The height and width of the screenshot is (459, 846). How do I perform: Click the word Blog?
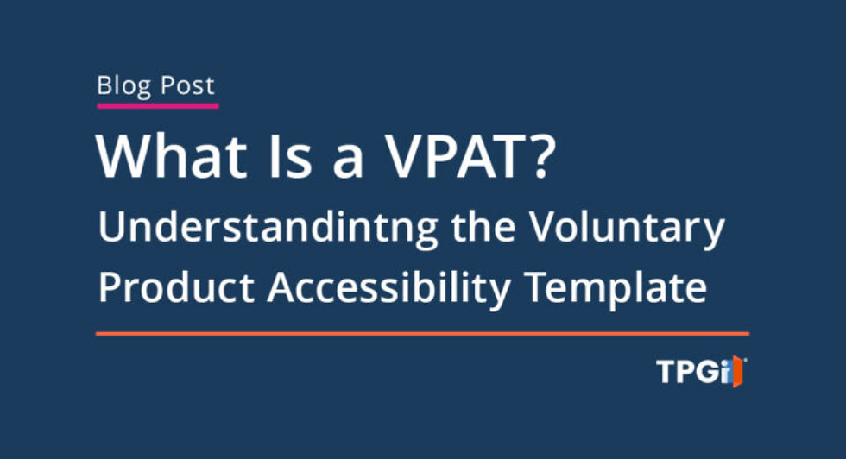coord(123,86)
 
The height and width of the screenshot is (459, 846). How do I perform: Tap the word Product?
coord(175,288)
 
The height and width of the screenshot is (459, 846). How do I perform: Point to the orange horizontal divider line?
coord(422,333)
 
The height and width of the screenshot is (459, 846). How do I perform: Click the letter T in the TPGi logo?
coord(666,373)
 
